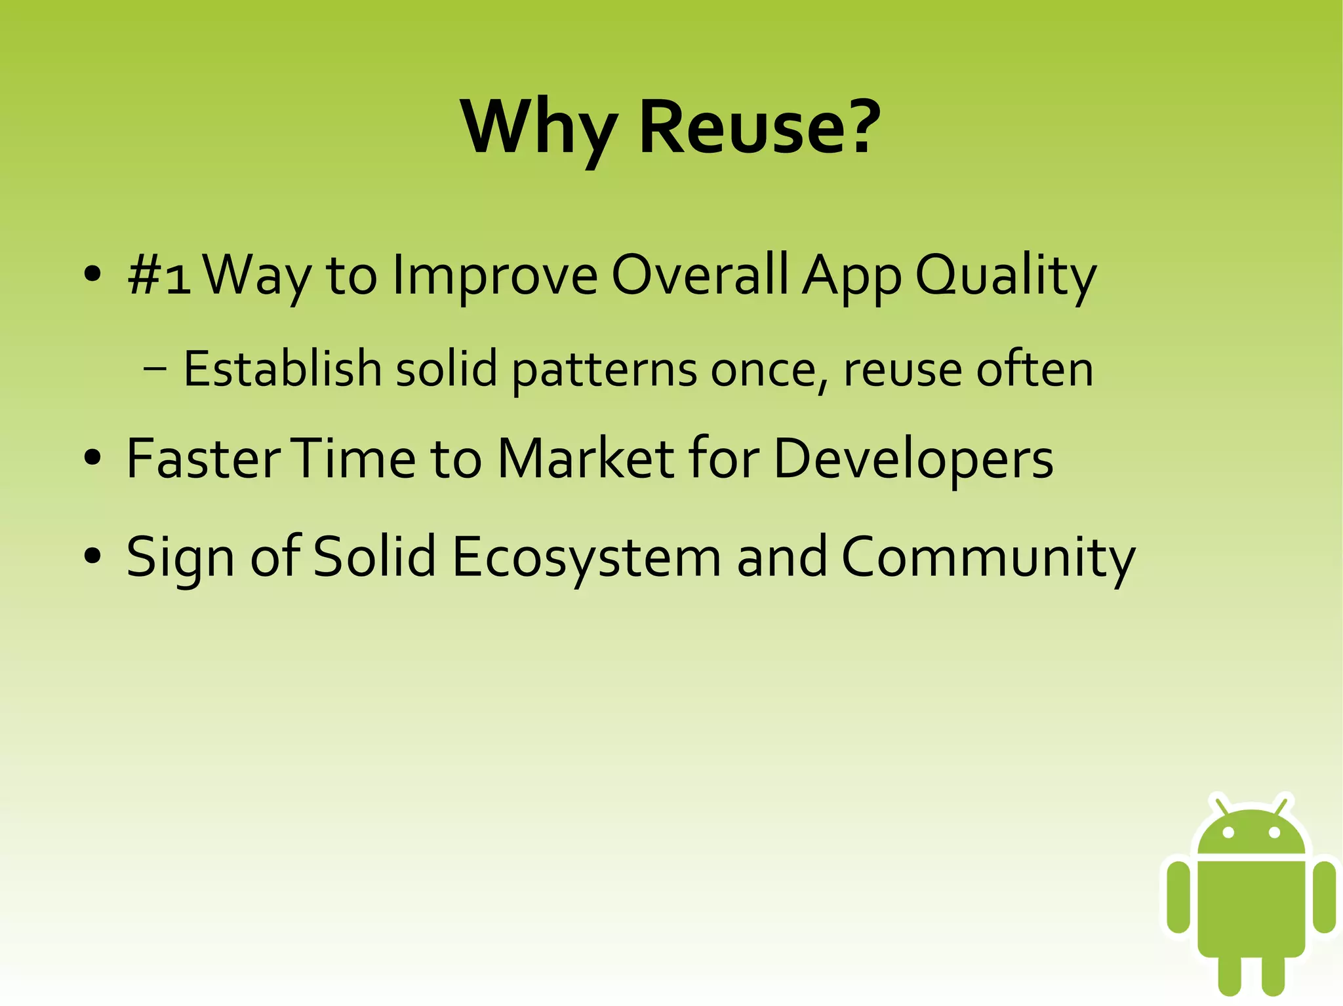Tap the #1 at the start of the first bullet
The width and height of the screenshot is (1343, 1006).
[159, 275]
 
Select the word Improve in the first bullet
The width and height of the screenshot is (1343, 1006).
[495, 275]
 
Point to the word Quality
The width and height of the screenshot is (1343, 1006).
[1005, 275]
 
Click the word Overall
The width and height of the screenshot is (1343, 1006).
[700, 275]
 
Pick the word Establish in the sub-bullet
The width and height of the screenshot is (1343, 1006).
[282, 369]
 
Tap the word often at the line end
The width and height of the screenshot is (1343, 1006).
[1034, 369]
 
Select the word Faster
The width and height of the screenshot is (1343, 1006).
[203, 459]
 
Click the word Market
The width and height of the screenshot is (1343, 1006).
[586, 459]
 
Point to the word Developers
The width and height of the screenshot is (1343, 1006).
[913, 459]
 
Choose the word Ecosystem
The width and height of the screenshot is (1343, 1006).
[586, 557]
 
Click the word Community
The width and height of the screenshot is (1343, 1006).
[988, 557]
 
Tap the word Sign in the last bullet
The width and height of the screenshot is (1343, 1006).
[180, 557]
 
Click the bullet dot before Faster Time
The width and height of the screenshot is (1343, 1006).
[92, 457]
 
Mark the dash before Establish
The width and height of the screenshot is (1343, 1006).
[155, 369]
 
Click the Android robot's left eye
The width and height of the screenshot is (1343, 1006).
[1229, 832]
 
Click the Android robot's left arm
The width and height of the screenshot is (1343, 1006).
[1178, 897]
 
